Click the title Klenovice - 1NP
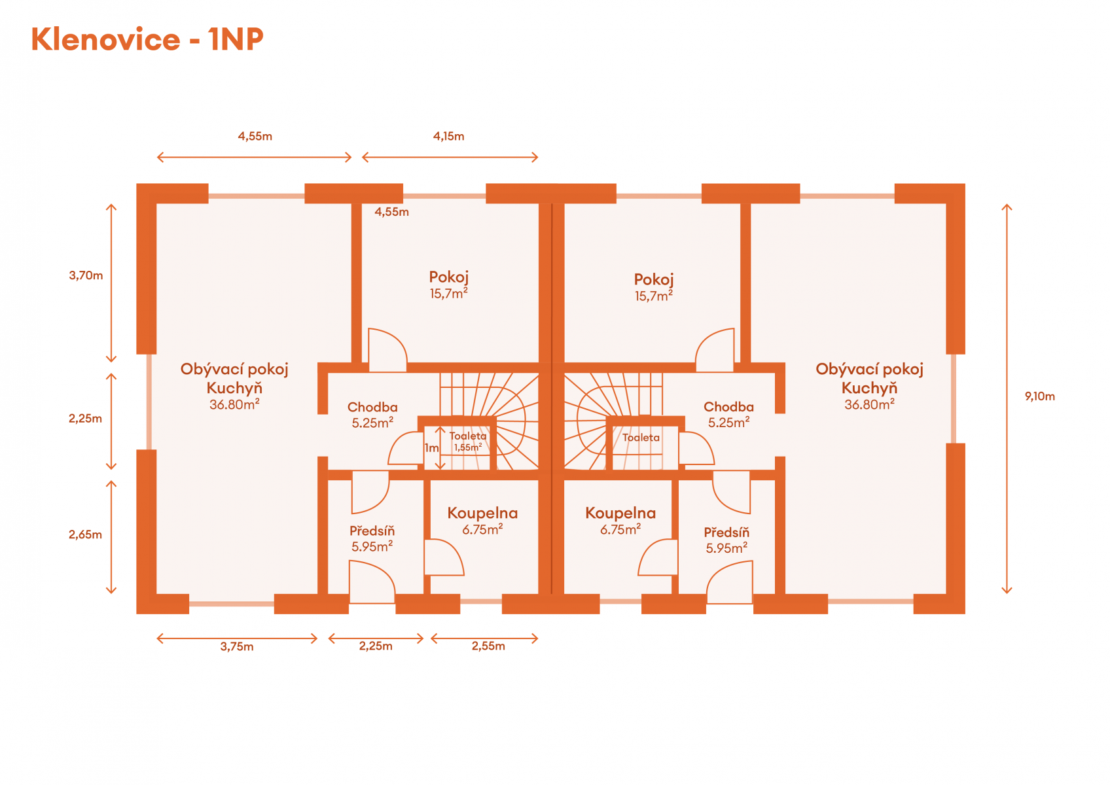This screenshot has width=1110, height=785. pos(147,39)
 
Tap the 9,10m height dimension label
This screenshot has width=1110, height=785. pos(1039,396)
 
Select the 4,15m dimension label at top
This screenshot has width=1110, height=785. pos(448,136)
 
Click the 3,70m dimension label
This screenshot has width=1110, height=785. pos(86,275)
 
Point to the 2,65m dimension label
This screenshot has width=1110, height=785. pos(85,534)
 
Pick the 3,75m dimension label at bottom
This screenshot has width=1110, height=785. pos(237,646)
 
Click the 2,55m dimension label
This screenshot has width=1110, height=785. pos(488,646)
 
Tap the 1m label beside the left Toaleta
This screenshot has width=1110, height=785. pos(431,447)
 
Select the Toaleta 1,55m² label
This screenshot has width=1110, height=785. pos(468,442)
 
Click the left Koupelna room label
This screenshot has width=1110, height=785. pos(482,521)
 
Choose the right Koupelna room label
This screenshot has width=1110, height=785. pos(620,521)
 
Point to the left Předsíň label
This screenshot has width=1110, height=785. pos(372,539)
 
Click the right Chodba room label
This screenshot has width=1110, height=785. pos(728,415)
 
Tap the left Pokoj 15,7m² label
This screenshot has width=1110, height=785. pos(448,285)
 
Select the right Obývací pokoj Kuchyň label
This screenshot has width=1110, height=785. pos(870,387)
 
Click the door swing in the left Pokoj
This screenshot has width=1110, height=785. pos(387,350)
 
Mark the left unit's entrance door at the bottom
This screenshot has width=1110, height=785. pos(372,582)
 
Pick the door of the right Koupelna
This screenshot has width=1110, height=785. pos(658,557)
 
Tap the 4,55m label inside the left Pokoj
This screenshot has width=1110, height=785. pos(391,212)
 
